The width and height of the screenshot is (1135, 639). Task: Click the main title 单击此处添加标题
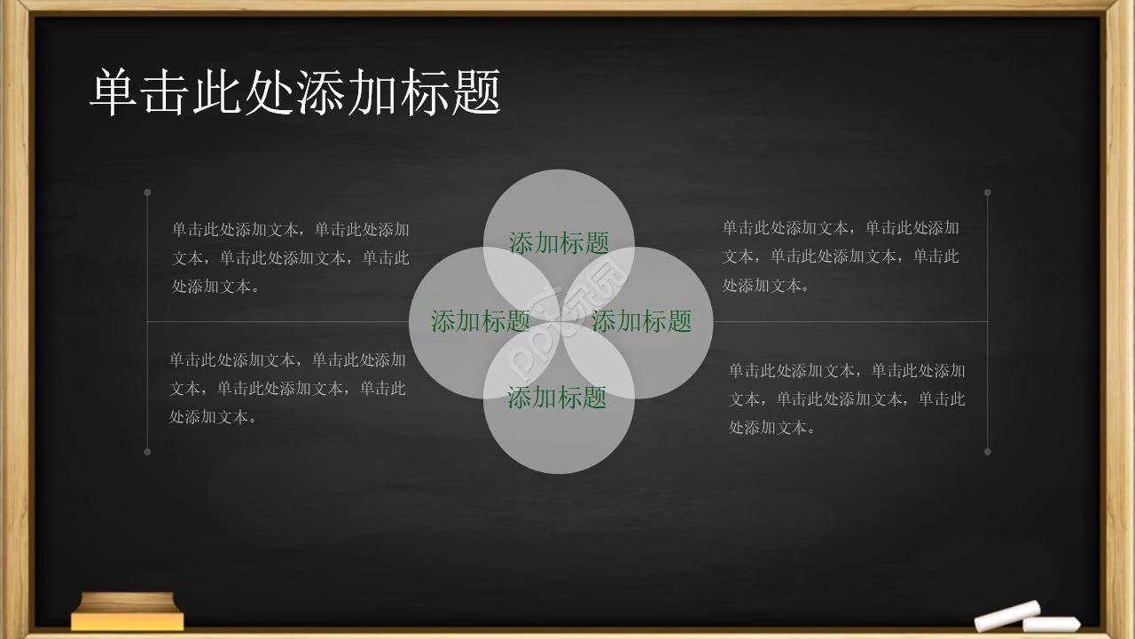[x=295, y=92]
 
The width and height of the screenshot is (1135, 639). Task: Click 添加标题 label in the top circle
[x=559, y=242]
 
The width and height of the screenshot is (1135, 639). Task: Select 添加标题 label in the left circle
[x=481, y=321]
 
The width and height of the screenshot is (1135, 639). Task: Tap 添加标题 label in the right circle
[x=641, y=321]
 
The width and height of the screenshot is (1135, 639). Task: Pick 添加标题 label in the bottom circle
[x=557, y=398]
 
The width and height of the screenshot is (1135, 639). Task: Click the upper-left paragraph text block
[x=290, y=257]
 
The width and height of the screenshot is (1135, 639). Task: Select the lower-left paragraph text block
[x=287, y=388]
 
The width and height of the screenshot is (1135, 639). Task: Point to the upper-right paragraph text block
[x=841, y=256]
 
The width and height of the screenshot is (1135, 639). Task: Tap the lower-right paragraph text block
[x=847, y=398]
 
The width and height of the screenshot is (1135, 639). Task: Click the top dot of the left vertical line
[x=147, y=192]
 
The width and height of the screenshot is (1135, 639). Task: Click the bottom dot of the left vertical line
[x=147, y=452]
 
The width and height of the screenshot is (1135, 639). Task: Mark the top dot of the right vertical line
[x=987, y=192]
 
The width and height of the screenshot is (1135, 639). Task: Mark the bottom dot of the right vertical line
[x=987, y=452]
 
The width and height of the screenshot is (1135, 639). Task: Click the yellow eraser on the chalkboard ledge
[x=128, y=611]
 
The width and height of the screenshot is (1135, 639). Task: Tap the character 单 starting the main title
[x=114, y=92]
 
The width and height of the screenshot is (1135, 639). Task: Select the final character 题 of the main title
[x=476, y=92]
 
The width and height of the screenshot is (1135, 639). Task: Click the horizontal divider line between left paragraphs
[x=275, y=321]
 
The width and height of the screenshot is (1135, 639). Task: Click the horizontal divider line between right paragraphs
[x=851, y=321]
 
